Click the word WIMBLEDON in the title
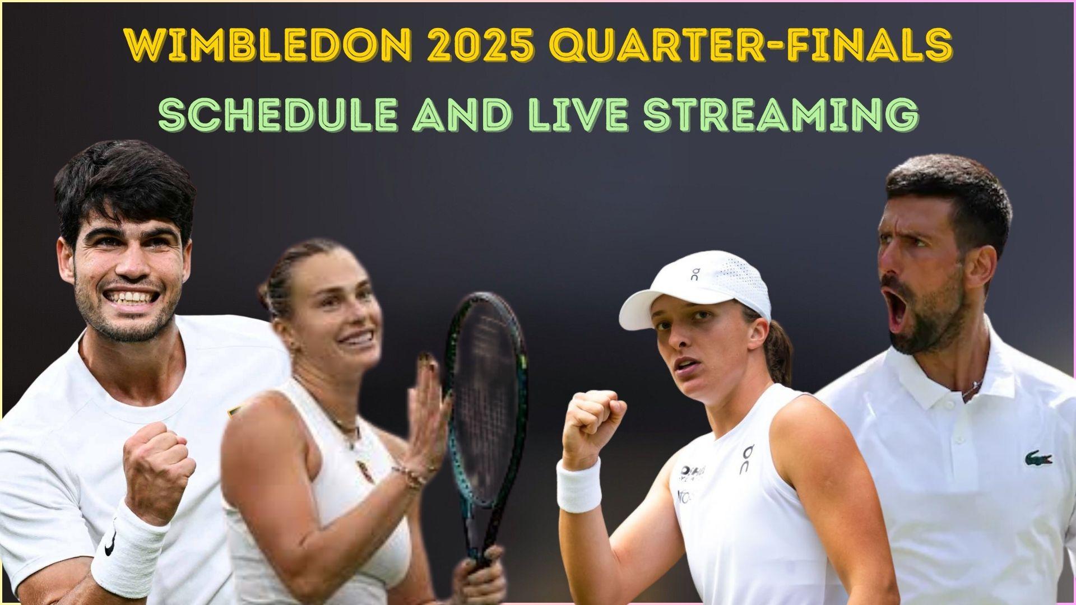(x=269, y=45)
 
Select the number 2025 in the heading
(x=484, y=45)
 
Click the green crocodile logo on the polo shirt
(x=1038, y=459)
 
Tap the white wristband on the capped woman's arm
(x=579, y=485)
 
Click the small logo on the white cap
(x=695, y=274)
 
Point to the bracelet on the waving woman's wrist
(x=412, y=476)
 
